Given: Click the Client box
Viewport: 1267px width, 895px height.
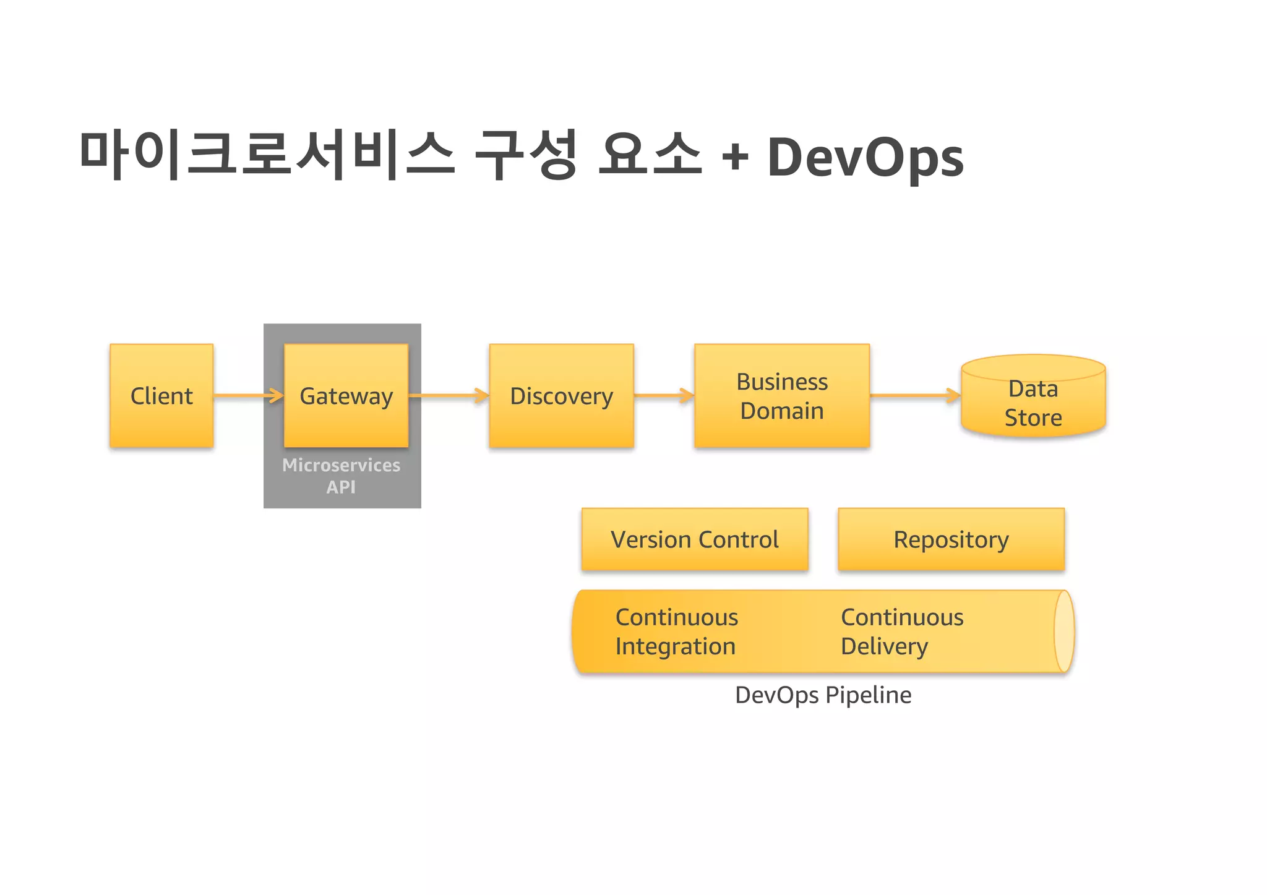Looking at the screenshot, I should [161, 396].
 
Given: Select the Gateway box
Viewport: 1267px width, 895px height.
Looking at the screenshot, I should [346, 396].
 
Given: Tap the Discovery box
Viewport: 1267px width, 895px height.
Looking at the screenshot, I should [561, 396].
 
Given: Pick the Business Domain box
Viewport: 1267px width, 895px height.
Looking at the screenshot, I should [782, 396].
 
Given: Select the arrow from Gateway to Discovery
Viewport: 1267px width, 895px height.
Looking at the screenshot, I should [449, 395].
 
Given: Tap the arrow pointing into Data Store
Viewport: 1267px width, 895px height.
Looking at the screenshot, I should [916, 395].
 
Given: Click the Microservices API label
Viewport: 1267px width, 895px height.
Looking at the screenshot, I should [341, 476].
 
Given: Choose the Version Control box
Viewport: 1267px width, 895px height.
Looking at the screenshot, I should [695, 539].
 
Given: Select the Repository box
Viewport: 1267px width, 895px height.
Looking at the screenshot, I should [951, 539].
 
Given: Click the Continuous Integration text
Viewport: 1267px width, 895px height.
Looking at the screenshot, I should [676, 632].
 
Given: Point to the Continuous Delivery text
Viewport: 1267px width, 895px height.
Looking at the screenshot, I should [901, 632].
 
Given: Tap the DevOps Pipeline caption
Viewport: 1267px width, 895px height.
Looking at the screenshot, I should [823, 695].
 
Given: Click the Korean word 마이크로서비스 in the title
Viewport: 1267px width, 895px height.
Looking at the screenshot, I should [267, 155].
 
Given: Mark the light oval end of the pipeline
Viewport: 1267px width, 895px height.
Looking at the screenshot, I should [1063, 632].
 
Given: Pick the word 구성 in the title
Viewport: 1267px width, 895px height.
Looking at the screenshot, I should [526, 155].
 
